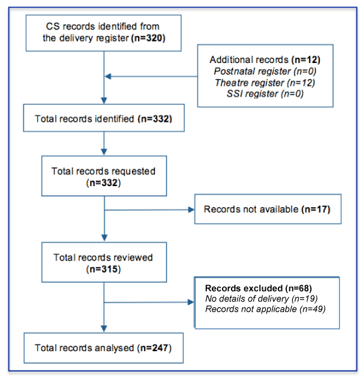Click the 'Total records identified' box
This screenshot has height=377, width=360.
(103, 118)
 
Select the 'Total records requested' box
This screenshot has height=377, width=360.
(103, 176)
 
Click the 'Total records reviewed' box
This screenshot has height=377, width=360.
(103, 263)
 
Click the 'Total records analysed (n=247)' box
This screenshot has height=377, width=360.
(103, 347)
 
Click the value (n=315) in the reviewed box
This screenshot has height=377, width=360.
(103, 269)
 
